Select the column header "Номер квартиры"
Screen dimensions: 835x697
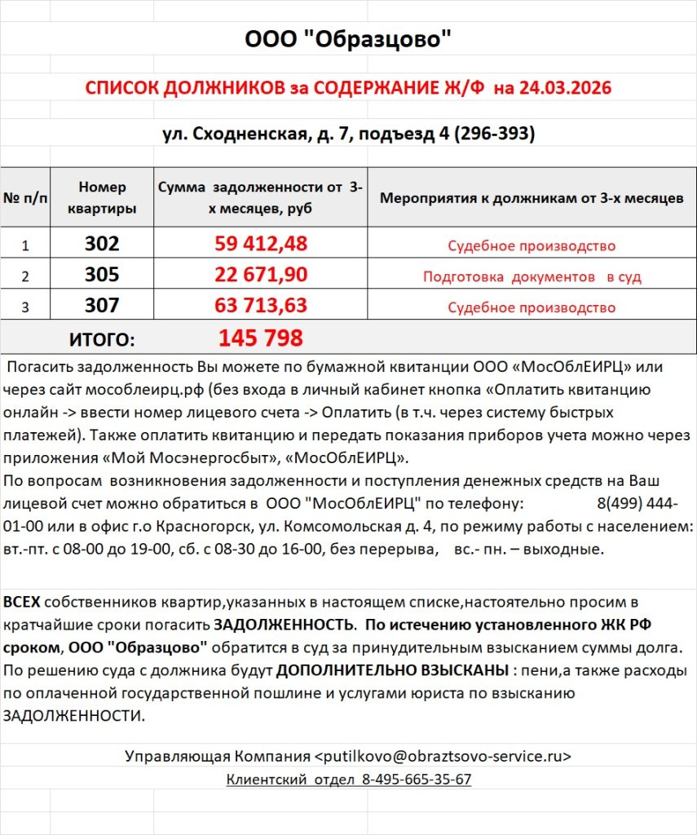click(x=102, y=197)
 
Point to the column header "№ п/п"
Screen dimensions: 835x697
click(x=25, y=198)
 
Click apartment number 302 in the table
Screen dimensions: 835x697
click(x=102, y=244)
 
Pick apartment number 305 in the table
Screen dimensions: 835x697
click(x=102, y=275)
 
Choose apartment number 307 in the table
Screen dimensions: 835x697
click(x=102, y=307)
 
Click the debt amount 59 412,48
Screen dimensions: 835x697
click(x=261, y=244)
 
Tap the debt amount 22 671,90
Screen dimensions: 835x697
click(x=261, y=275)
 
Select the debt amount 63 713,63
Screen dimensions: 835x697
click(x=261, y=307)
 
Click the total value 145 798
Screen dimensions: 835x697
click(x=261, y=338)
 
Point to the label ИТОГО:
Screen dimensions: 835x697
click(x=101, y=338)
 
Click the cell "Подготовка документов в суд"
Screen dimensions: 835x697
click(x=532, y=277)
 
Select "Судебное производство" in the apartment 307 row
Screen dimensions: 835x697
click(x=532, y=308)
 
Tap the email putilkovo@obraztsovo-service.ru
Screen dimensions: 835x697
click(x=443, y=756)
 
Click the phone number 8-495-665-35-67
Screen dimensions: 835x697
click(x=416, y=780)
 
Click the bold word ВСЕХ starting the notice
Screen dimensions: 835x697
click(x=21, y=603)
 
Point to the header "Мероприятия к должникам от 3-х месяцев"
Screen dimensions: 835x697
click(x=532, y=198)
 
